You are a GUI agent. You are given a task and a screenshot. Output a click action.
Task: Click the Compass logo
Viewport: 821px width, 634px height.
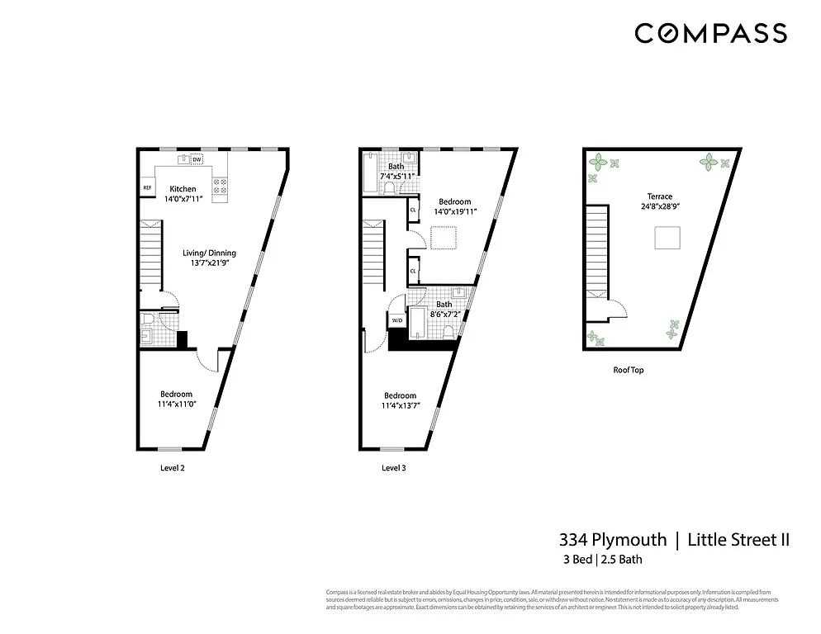710,33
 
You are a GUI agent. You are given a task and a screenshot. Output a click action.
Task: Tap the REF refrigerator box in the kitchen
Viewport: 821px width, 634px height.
148,188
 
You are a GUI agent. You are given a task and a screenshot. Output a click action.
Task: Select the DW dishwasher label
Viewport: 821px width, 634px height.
197,159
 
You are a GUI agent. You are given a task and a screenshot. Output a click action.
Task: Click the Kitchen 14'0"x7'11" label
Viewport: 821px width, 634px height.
183,194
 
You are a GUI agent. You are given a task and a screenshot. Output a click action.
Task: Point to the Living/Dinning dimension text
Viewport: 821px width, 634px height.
210,263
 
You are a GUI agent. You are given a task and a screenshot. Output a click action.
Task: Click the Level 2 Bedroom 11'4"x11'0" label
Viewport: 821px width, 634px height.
176,400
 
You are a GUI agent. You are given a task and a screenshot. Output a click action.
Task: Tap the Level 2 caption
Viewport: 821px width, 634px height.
172,467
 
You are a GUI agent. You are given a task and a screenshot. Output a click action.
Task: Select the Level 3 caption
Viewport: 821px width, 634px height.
393,467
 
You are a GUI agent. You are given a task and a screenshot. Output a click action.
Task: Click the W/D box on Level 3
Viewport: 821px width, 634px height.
396,320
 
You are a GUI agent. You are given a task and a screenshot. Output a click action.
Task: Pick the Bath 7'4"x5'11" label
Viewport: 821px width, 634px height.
396,172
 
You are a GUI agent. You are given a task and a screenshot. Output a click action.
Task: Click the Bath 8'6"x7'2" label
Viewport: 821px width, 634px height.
444,310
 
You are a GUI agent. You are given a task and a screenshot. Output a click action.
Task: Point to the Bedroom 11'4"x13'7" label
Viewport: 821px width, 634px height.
400,400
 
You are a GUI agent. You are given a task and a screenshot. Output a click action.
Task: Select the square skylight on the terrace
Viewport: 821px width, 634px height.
667,239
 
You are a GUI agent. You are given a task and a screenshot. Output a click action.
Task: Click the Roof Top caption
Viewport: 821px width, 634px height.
628,370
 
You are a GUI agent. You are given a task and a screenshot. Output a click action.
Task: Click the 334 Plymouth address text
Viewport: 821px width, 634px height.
613,540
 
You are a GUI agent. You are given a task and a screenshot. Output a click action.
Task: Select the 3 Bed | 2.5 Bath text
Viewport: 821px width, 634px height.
601,560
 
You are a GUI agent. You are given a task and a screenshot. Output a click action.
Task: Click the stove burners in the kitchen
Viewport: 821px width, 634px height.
221,187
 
